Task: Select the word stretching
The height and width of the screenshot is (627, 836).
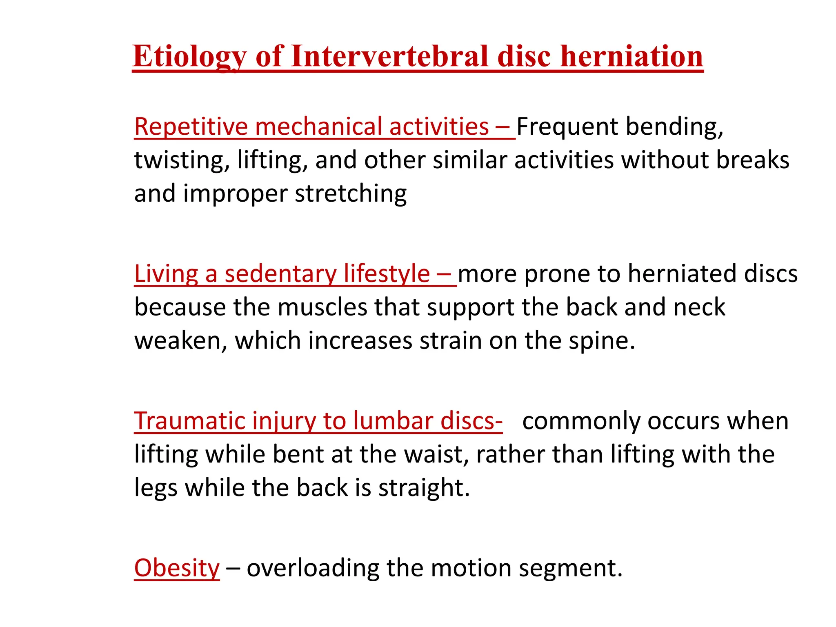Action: [351, 193]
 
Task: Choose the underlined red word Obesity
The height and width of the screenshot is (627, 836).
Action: [177, 568]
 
